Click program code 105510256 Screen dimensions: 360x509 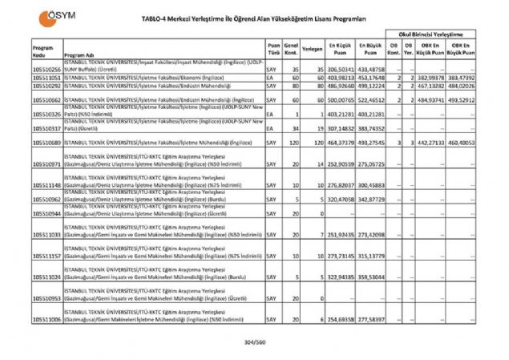coord(46,70)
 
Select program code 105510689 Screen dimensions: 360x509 coord(46,142)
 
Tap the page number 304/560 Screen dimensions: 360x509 coord(255,343)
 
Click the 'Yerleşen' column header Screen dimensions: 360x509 coord(312,47)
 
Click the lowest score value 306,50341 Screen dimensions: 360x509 coord(339,70)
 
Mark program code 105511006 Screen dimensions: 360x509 coord(46,319)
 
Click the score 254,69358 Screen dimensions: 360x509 coord(339,319)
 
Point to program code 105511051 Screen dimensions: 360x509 coord(46,77)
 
